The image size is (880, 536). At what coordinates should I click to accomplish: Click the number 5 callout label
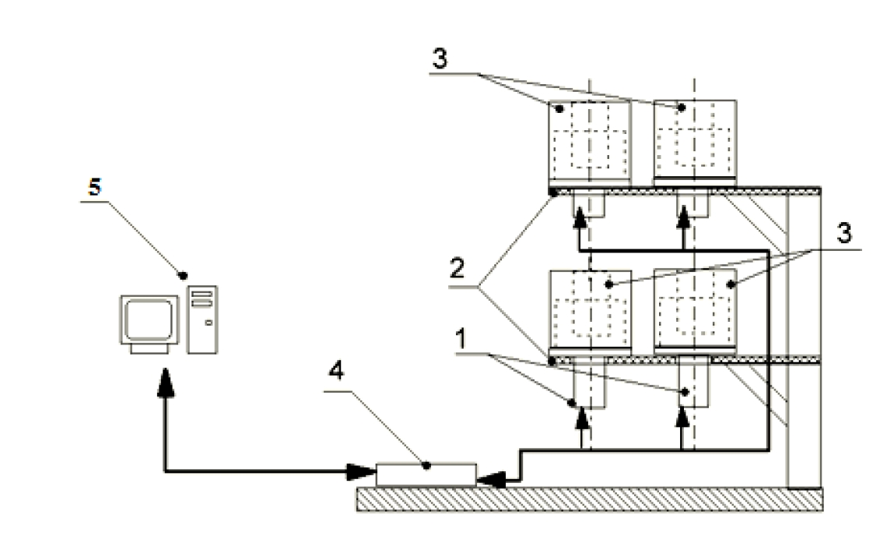point(95,187)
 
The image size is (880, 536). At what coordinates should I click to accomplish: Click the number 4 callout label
point(336,372)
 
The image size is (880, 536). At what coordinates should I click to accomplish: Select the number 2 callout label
point(458,269)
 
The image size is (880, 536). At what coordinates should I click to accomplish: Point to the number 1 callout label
point(461,340)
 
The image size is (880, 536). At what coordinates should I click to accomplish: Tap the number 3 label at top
point(440,58)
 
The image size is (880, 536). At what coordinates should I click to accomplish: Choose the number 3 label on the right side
point(844,233)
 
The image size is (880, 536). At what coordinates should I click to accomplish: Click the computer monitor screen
point(149,319)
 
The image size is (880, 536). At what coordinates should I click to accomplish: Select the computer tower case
point(202,319)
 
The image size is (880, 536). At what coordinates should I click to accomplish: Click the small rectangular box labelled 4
point(426,474)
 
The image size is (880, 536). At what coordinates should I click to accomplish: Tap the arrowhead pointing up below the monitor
point(166,384)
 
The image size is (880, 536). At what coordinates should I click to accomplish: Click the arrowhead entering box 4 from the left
point(361,471)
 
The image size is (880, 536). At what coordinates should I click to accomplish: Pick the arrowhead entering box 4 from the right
point(491,481)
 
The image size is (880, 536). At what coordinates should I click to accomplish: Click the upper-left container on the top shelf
point(589,143)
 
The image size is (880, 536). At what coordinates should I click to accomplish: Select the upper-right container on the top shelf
point(695,142)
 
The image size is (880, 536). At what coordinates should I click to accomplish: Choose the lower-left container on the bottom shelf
point(589,312)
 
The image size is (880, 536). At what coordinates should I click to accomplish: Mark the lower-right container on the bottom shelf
point(695,312)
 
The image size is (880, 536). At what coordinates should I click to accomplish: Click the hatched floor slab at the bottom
point(590,499)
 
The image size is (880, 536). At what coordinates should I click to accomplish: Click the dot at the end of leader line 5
point(182,275)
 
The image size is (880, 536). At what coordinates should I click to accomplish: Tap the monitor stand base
point(149,348)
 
